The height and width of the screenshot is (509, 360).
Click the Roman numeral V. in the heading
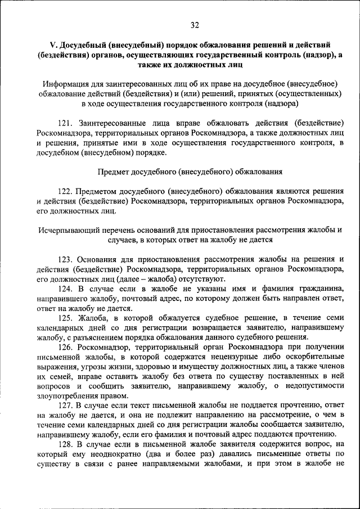54,44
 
